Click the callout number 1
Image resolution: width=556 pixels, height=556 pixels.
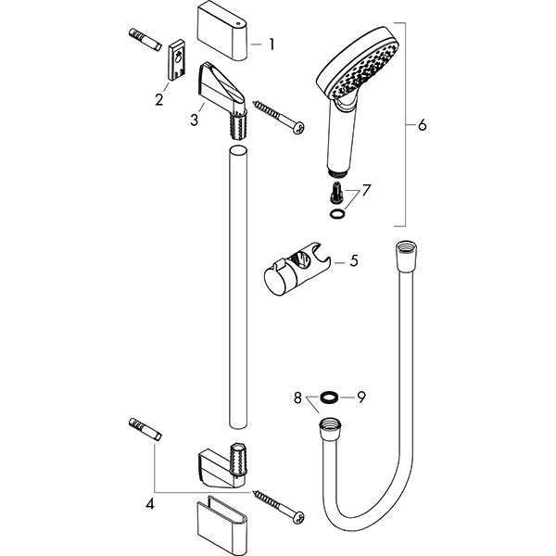pos(272,44)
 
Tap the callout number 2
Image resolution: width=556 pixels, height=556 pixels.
pos(158,100)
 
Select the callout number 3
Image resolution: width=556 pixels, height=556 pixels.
pos(194,120)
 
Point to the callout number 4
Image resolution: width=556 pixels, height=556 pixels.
pos(150,503)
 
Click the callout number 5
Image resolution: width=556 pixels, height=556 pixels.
pos(354,260)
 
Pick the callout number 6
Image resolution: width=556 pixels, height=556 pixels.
pos(422,125)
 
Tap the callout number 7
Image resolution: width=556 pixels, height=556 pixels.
pos(366,190)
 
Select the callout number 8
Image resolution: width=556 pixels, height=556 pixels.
pos(297,398)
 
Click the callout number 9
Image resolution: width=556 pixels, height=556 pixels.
pos(361,398)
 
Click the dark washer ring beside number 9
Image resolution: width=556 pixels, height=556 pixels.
pos(328,398)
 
